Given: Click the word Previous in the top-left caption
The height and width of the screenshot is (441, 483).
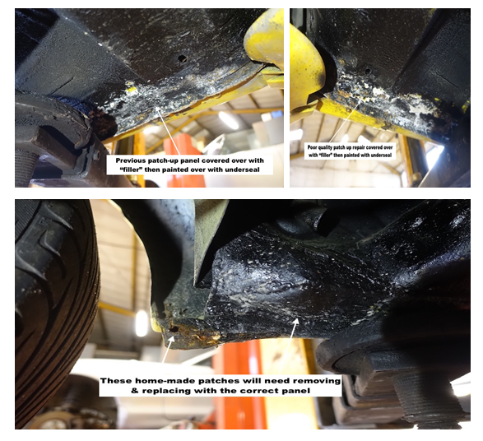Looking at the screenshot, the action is pos(131,160).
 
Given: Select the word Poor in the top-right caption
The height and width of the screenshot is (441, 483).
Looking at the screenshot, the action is pos(312,147).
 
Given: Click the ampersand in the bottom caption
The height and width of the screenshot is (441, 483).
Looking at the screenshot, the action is pos(135,391).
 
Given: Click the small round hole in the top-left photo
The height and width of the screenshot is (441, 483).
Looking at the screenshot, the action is pos(183,58).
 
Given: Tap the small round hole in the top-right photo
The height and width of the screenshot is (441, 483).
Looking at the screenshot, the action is pos(368,71).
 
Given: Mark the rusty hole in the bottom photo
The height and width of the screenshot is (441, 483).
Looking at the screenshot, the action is pos(174,330).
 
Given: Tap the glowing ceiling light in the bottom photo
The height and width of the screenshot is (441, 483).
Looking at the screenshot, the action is pos(142,323).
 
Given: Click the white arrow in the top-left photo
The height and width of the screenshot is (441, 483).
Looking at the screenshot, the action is pos(169,131).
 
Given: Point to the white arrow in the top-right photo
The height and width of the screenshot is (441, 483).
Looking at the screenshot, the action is pos(346,123).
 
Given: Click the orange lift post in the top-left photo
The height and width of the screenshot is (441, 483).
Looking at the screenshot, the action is pos(184,163).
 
